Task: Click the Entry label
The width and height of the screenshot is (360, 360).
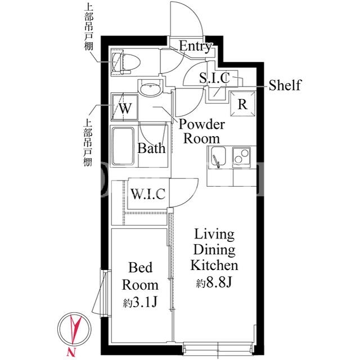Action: tap(195, 46)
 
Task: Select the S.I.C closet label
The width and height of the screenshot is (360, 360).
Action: tap(214, 78)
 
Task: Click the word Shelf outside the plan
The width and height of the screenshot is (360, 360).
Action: tap(285, 85)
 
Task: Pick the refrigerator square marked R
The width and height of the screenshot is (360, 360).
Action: tap(243, 103)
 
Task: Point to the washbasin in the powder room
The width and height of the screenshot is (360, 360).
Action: tap(151, 89)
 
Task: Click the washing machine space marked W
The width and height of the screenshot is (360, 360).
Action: tap(125, 107)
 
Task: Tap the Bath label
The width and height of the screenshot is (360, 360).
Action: tap(151, 148)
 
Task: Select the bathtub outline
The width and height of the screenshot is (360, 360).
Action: tap(123, 146)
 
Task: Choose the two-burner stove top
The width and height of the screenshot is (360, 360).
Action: tap(241, 156)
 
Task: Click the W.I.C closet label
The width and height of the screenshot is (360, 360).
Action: tap(148, 193)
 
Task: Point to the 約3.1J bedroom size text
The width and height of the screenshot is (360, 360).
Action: tap(140, 303)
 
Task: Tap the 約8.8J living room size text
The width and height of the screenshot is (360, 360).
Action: tap(214, 283)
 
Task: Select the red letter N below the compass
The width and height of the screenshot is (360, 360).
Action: tap(71, 351)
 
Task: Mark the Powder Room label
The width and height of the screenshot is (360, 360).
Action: tap(201, 132)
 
